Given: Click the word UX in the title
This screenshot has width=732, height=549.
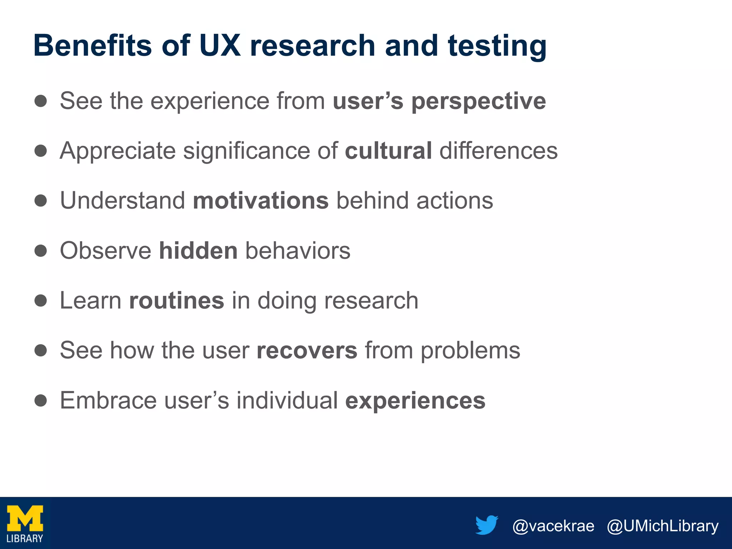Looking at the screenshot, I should tap(220, 45).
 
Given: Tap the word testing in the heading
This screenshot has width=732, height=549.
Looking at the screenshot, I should tap(497, 46).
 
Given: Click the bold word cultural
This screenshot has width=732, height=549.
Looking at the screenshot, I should tap(388, 150).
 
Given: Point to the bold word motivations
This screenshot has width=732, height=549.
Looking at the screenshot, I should tap(261, 201).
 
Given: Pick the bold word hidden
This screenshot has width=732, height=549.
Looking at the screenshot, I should tap(198, 251).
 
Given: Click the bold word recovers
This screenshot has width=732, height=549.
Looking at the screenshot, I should tap(307, 350).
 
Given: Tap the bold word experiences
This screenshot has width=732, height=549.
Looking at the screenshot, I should tap(415, 401).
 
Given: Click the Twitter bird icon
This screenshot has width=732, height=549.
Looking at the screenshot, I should tap(487, 525).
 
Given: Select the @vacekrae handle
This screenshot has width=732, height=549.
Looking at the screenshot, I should tap(553, 526).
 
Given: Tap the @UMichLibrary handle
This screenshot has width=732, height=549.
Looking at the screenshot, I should tap(662, 526).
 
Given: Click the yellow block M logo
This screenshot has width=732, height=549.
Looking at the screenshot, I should tap(25, 519).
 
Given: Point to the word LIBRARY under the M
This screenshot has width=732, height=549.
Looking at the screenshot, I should tap(25, 539).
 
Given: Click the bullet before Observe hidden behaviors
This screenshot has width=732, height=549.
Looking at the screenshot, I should tap(41, 251).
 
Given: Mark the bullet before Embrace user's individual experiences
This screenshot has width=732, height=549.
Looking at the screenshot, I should tap(41, 400).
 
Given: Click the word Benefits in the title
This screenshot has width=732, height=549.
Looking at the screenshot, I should tap(93, 45).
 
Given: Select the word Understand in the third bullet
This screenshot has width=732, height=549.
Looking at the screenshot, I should tap(123, 201).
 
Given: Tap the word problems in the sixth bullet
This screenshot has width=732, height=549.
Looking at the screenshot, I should tap(470, 351).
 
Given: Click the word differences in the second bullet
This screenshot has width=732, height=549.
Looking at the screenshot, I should tap(498, 150).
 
